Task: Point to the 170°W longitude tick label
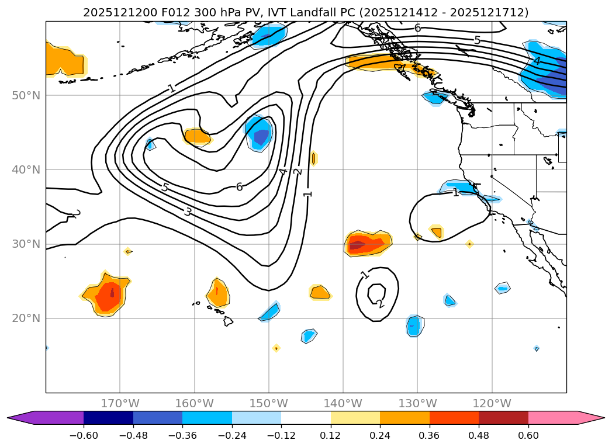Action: click(120, 404)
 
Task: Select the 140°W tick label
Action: click(343, 404)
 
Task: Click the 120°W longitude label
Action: click(492, 404)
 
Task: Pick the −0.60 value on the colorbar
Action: click(84, 435)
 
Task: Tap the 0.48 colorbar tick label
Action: click(479, 435)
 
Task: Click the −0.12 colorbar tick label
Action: click(281, 435)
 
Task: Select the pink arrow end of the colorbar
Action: click(591, 418)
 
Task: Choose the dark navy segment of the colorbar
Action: click(108, 418)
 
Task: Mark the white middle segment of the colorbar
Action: click(306, 418)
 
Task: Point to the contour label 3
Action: click(187, 212)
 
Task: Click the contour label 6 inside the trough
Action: click(239, 187)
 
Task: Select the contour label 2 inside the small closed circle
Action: click(381, 304)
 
